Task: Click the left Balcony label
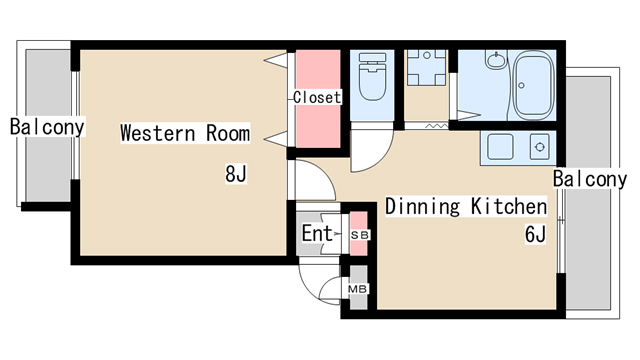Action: [47, 127]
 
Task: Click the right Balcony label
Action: [590, 179]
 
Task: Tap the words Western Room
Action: [185, 133]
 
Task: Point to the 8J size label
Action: [236, 173]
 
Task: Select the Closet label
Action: [317, 97]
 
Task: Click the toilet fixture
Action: [372, 77]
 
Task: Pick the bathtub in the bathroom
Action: [533, 85]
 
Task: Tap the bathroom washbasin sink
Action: [496, 60]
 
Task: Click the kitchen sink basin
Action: [500, 147]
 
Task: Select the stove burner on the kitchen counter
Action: [540, 147]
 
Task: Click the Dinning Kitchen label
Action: [466, 206]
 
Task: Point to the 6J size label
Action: [535, 234]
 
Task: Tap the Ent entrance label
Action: [317, 233]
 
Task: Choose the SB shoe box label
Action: [360, 235]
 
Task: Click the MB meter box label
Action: [357, 289]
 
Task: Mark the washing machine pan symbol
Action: [427, 67]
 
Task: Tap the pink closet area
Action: [318, 99]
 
